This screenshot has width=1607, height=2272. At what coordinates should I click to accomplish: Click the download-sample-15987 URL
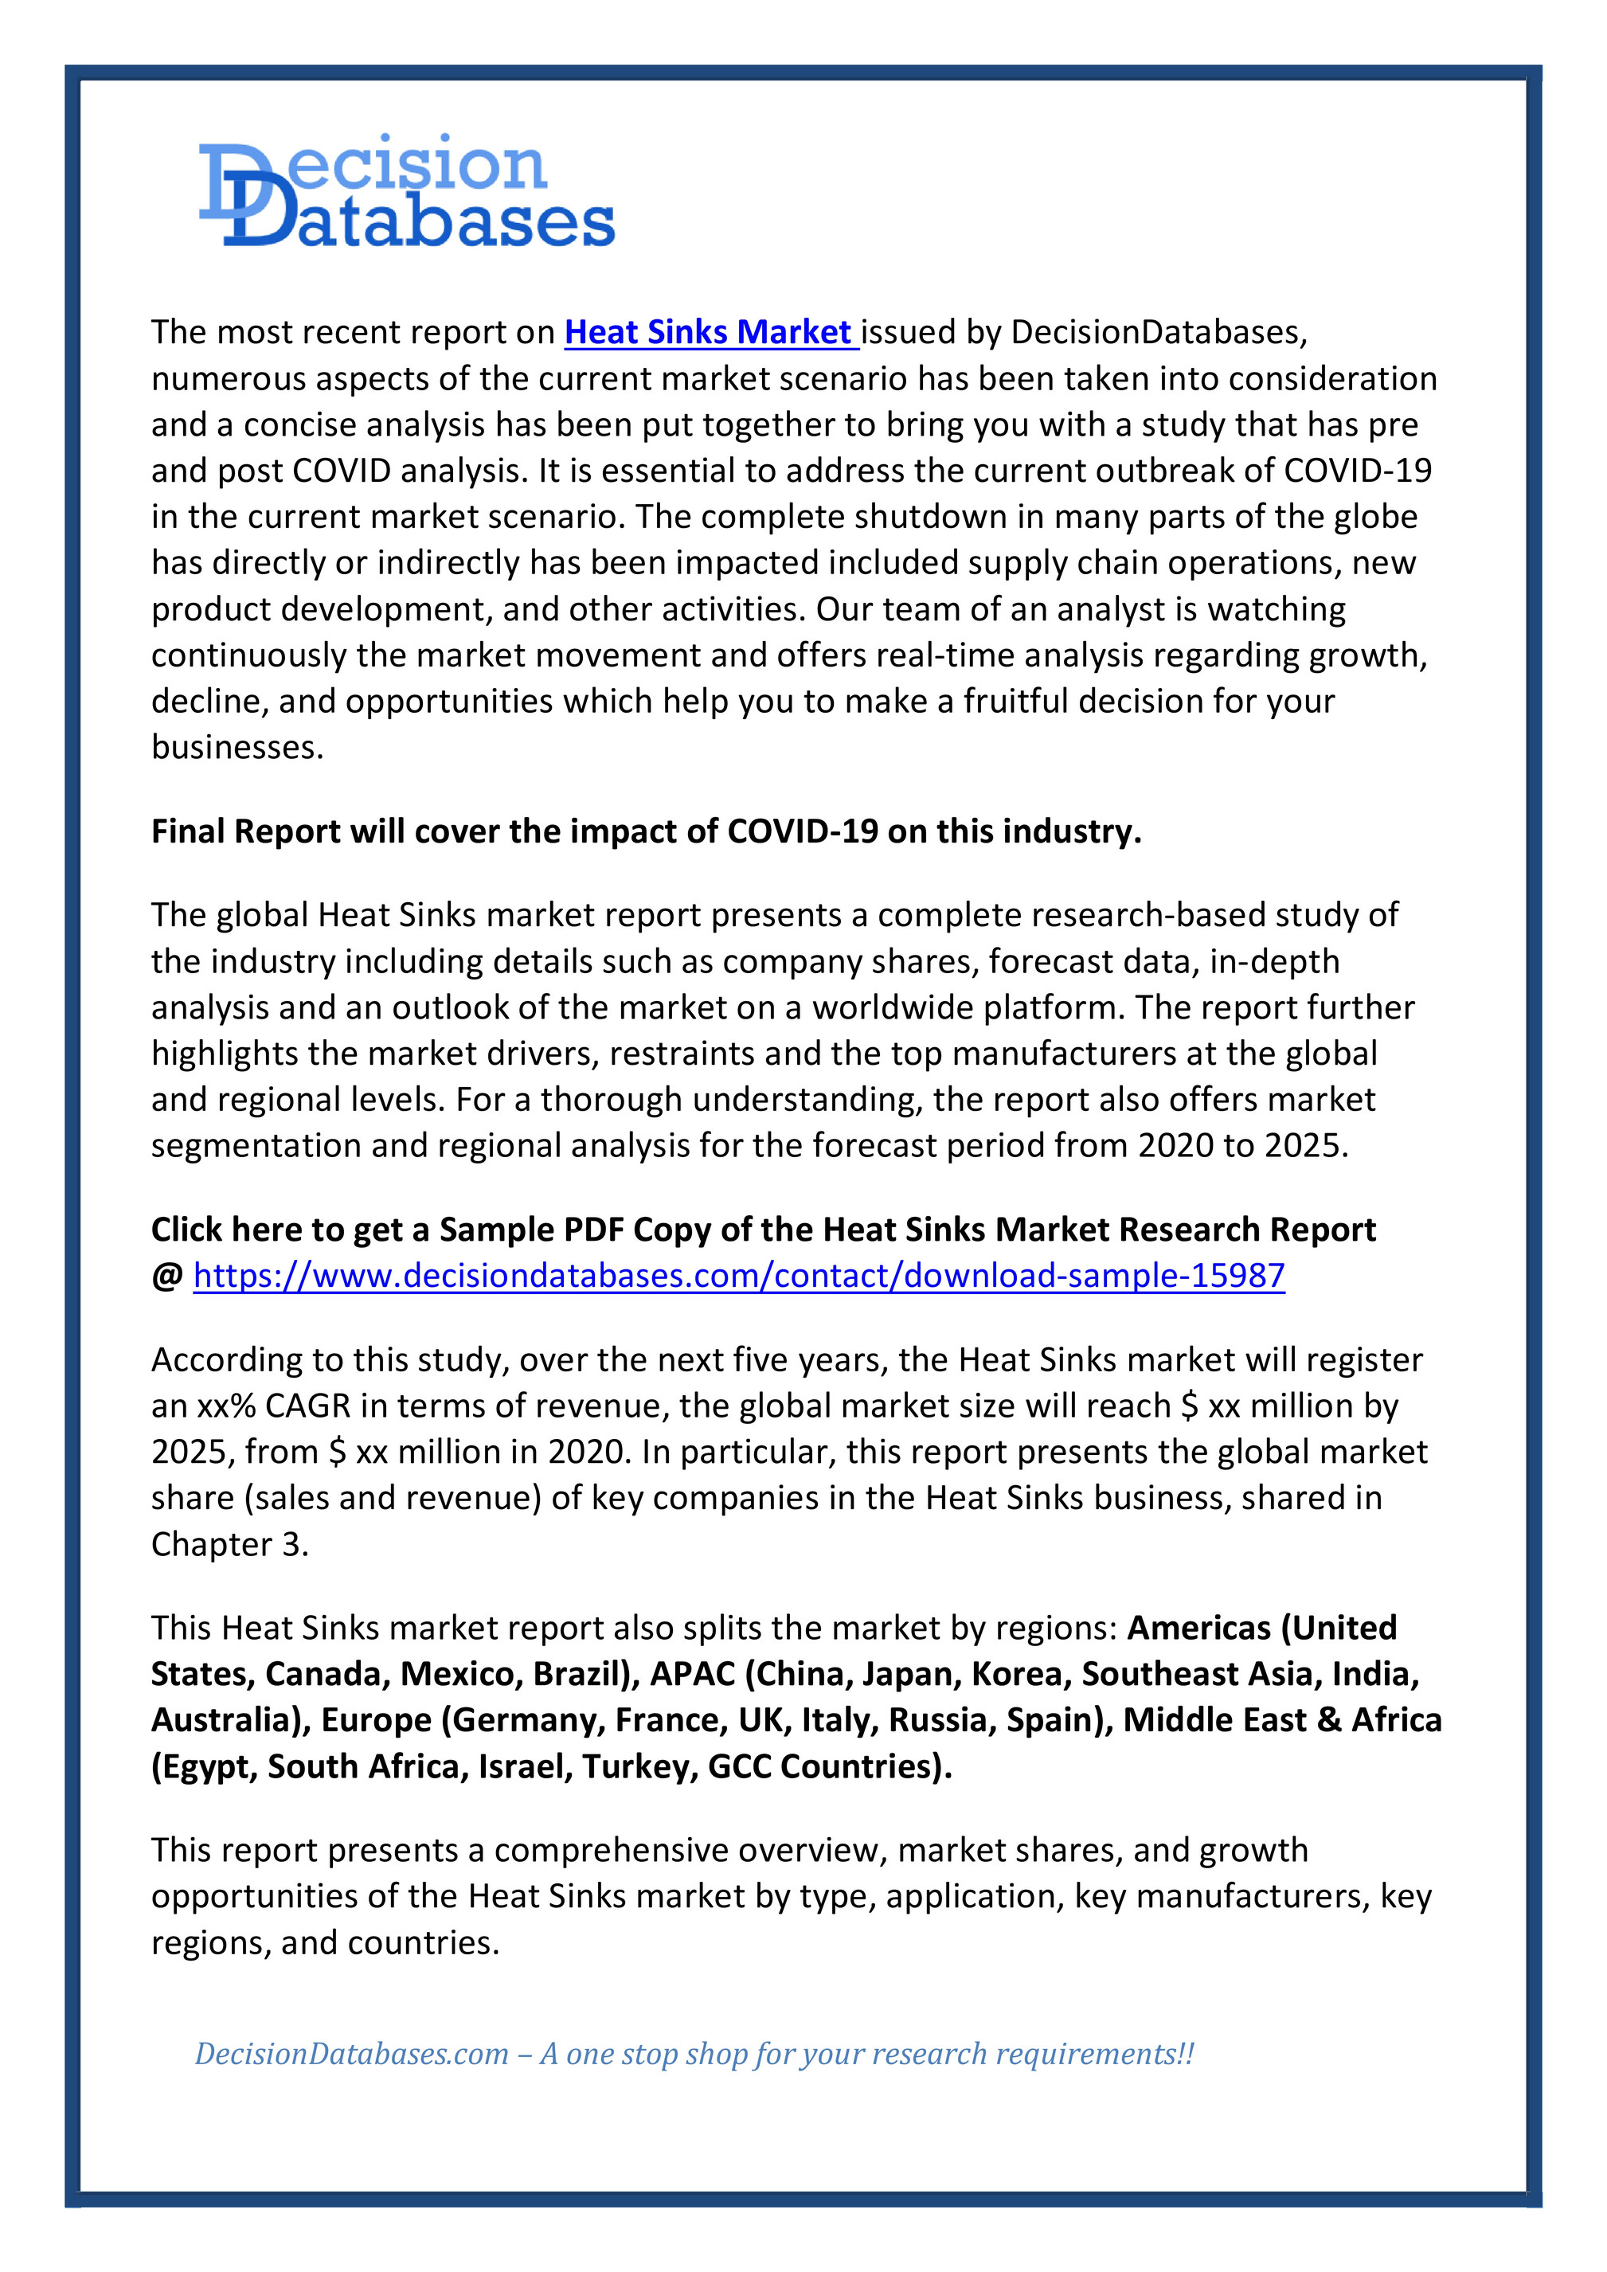(x=738, y=1276)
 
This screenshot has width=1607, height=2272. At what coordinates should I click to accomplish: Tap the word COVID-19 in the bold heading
(x=803, y=831)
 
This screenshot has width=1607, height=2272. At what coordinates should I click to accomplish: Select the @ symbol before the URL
(x=166, y=1276)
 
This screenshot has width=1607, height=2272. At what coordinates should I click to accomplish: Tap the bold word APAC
(x=693, y=1673)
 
